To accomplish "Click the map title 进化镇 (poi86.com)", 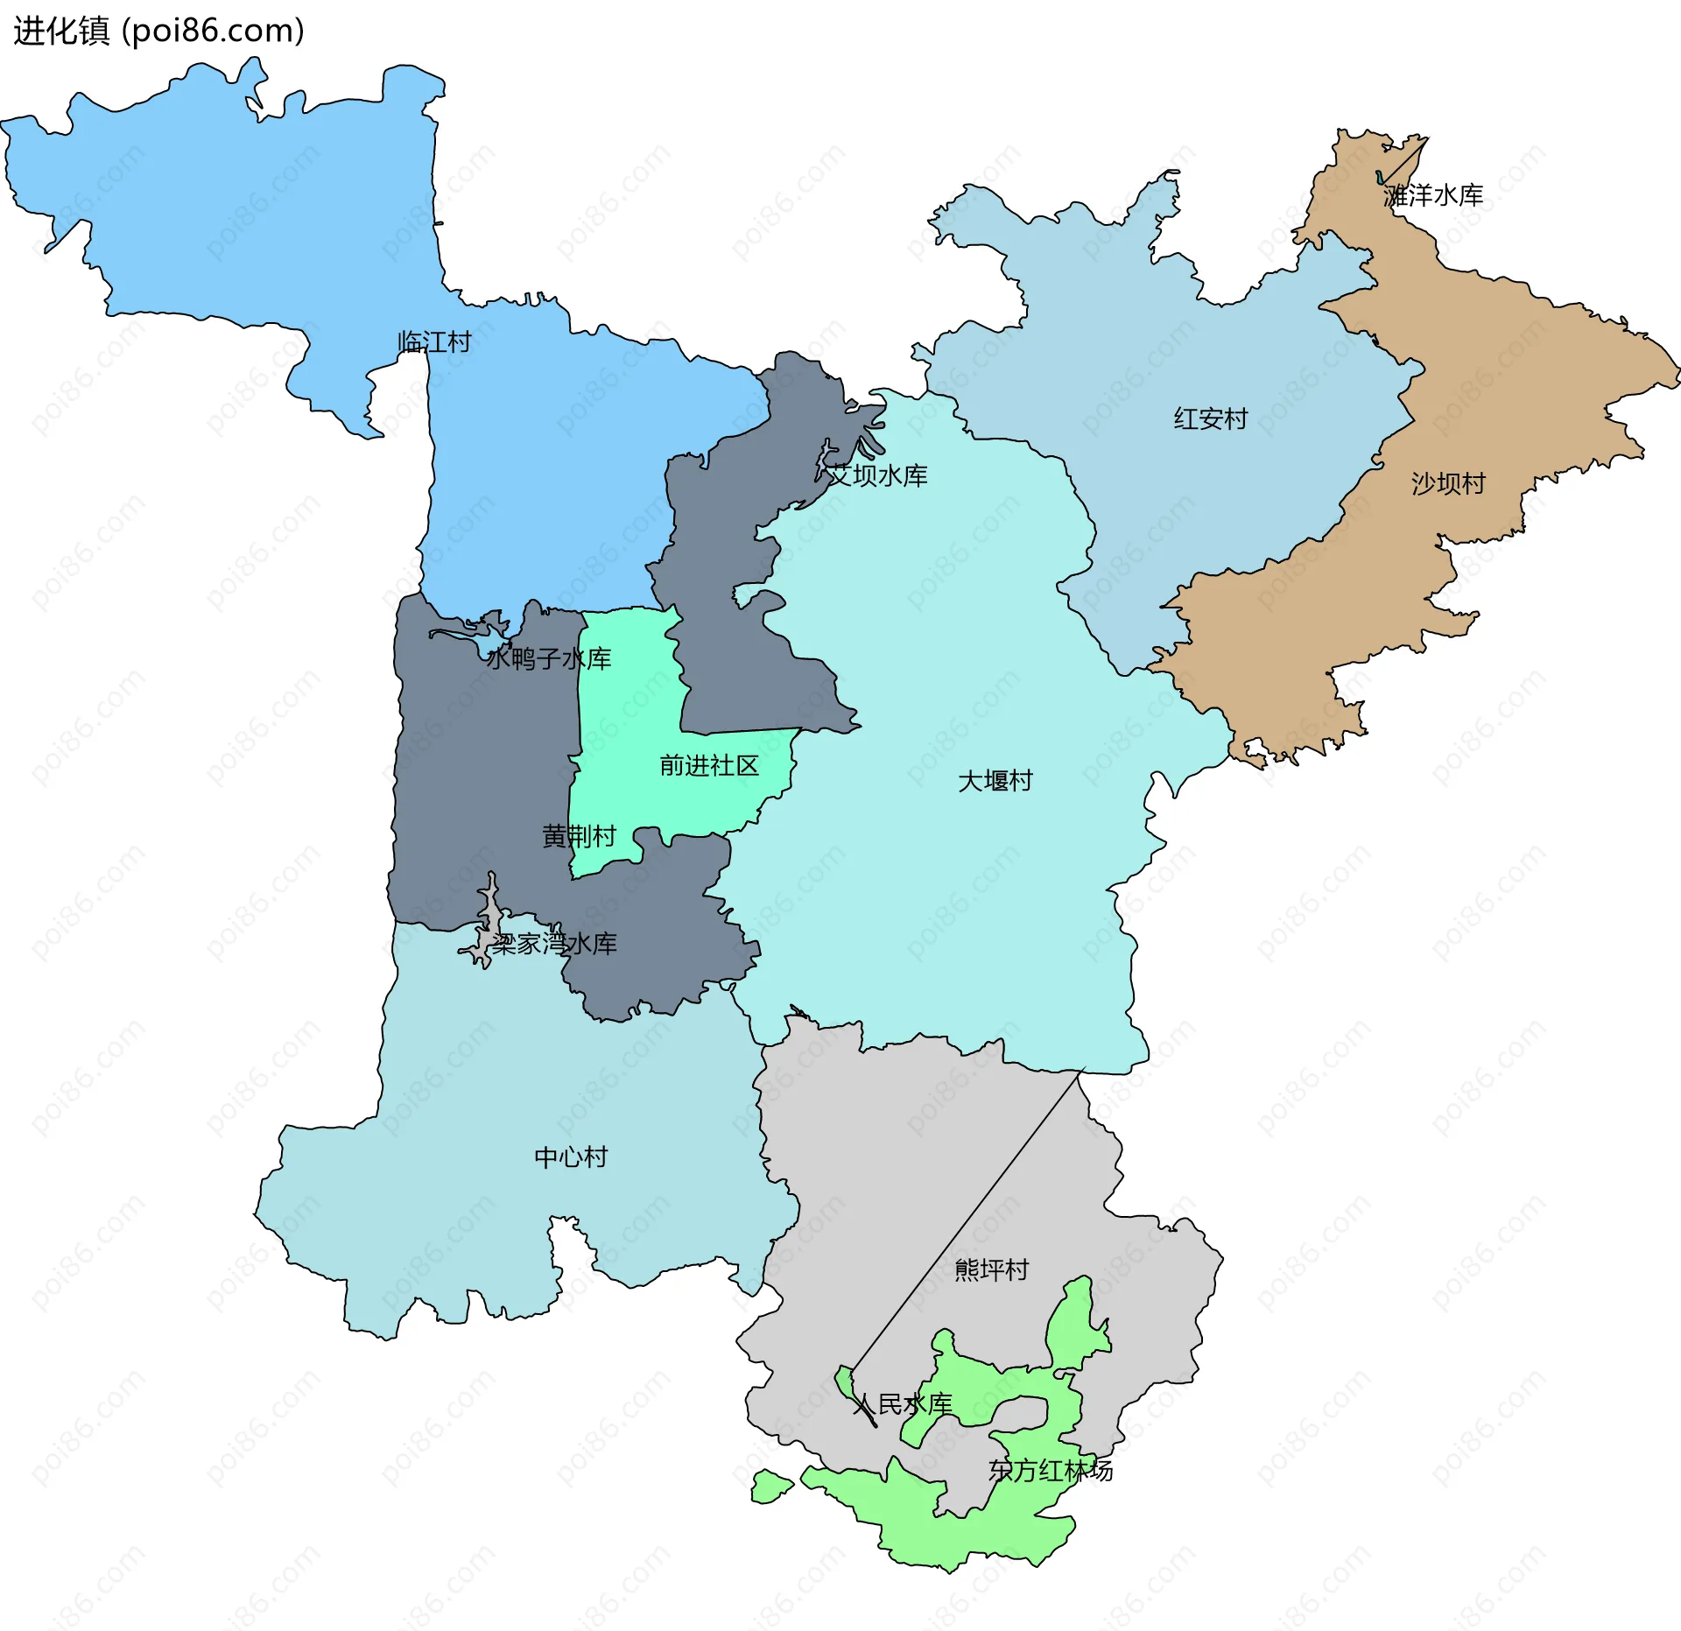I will click(158, 32).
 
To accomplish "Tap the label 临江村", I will click(434, 341).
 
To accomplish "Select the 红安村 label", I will click(1210, 419).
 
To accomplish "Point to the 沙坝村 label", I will click(1448, 483).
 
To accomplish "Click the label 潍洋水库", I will click(1433, 195).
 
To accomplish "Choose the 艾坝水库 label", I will click(877, 475).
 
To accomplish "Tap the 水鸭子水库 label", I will click(549, 658).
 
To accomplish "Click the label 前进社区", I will click(709, 766).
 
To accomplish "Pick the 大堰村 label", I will click(995, 781).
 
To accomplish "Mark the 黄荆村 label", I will click(579, 837).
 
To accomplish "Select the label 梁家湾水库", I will click(553, 944).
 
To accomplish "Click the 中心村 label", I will click(571, 1157).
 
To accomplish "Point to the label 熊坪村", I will click(991, 1269).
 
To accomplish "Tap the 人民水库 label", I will click(902, 1405).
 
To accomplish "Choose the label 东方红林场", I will click(1051, 1471).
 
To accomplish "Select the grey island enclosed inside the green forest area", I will click(1020, 1410).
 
